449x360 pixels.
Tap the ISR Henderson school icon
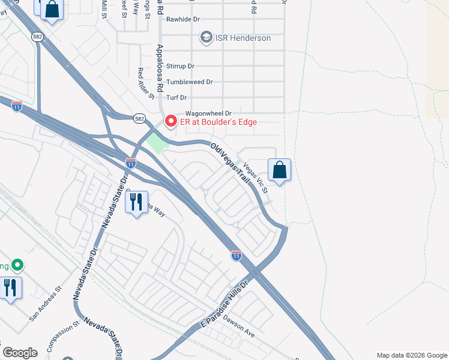click(207, 38)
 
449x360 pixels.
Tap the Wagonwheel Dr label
click(208, 113)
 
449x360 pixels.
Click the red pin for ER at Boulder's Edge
click(171, 122)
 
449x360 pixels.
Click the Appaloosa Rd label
click(160, 67)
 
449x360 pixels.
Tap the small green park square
click(156, 143)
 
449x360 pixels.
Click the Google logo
click(20, 353)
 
